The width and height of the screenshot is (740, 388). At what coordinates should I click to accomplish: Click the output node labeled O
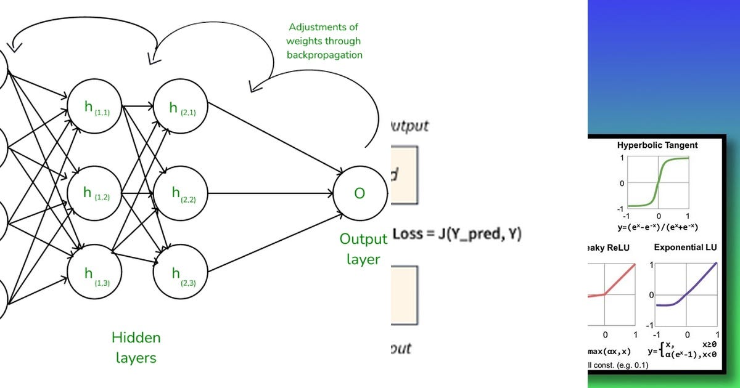359,193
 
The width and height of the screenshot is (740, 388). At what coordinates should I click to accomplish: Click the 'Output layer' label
363,249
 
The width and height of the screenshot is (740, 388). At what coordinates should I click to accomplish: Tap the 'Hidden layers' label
136,347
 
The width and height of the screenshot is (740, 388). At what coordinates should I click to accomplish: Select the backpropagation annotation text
324,41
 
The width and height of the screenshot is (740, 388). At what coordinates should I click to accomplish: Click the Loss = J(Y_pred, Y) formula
457,234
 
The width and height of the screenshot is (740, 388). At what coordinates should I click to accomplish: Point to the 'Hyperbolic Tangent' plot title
657,146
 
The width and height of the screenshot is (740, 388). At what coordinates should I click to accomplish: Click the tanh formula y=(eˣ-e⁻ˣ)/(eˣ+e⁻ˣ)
657,227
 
